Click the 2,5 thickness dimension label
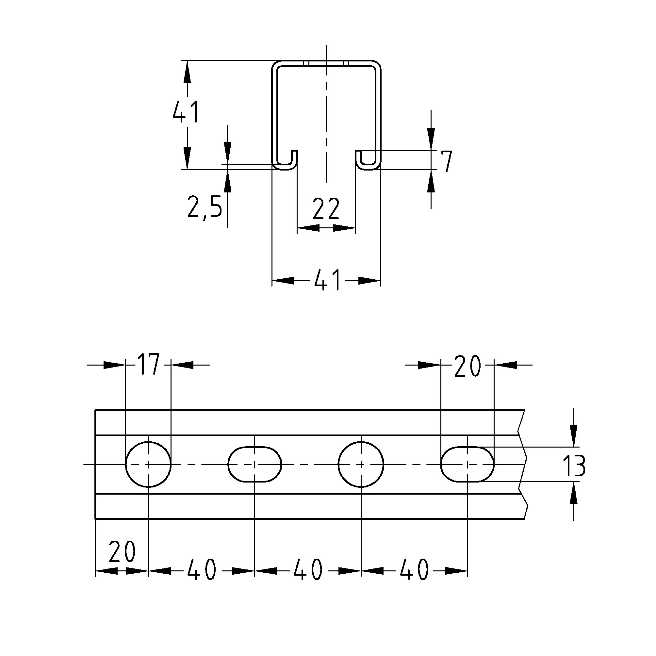205,207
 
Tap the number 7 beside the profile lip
446,162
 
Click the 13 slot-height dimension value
573,466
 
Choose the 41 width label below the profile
327,280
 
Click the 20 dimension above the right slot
467,367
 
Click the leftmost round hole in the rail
148,464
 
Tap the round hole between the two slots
361,464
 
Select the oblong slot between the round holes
255,464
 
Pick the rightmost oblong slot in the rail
467,464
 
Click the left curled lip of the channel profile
285,161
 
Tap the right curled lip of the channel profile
368,161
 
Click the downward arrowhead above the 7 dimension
431,139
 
